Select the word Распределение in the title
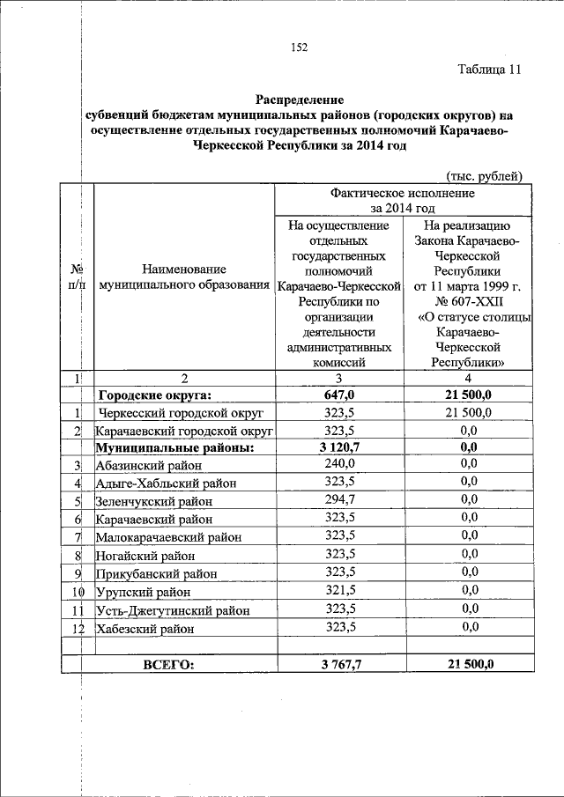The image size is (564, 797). pos(300,100)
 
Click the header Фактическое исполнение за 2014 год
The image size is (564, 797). pos(403,200)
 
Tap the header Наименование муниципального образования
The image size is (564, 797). pos(182,277)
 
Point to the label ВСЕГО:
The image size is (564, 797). pos(167,664)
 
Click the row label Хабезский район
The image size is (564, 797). pos(145,629)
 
